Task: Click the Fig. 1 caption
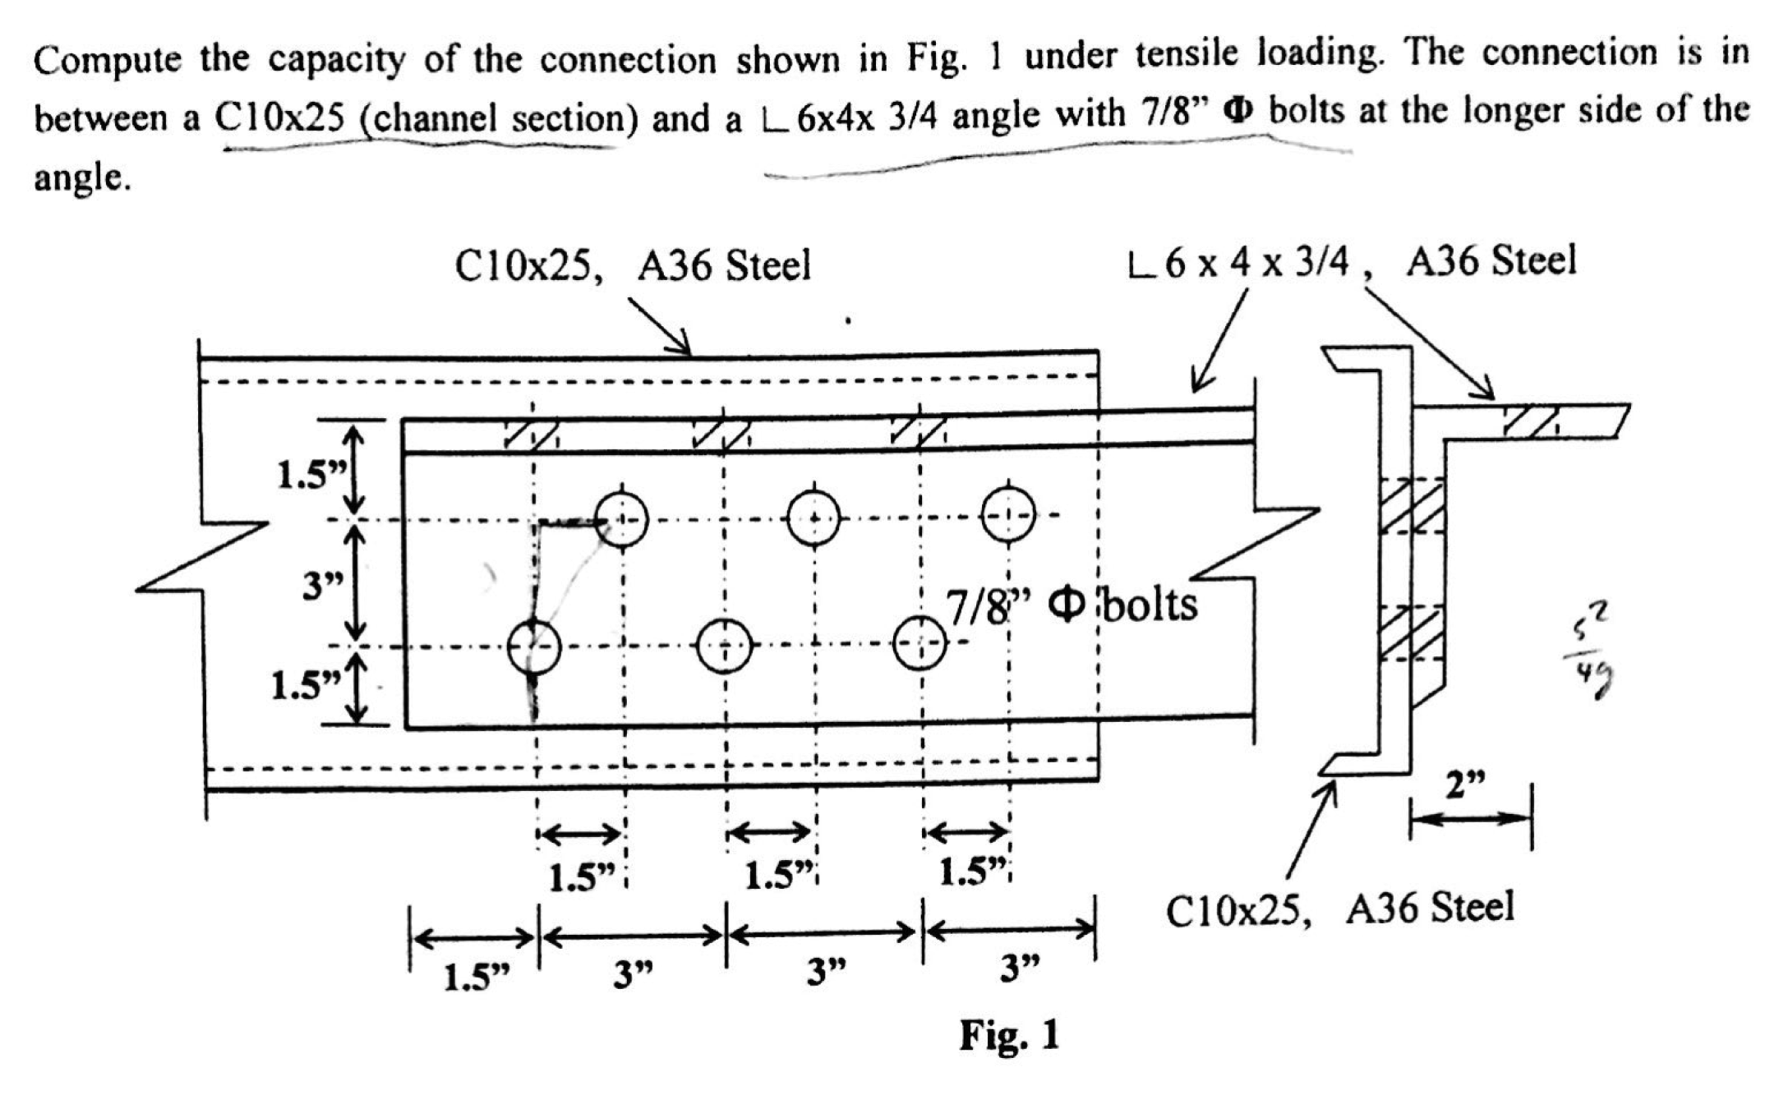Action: [x=1009, y=1035]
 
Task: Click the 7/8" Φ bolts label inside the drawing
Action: [x=1071, y=606]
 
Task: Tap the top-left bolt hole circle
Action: [x=621, y=519]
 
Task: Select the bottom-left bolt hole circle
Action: [x=534, y=647]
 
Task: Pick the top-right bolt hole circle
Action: [x=1008, y=514]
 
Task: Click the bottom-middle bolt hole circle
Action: [x=724, y=646]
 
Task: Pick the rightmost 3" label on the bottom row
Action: [x=1020, y=970]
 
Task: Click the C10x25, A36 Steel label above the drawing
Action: [x=632, y=266]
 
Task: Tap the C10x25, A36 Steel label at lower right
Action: [x=1339, y=909]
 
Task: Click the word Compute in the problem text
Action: [x=107, y=61]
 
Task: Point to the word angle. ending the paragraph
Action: [x=81, y=177]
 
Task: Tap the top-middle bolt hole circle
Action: [x=813, y=517]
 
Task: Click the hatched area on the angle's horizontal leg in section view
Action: [x=1531, y=421]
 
